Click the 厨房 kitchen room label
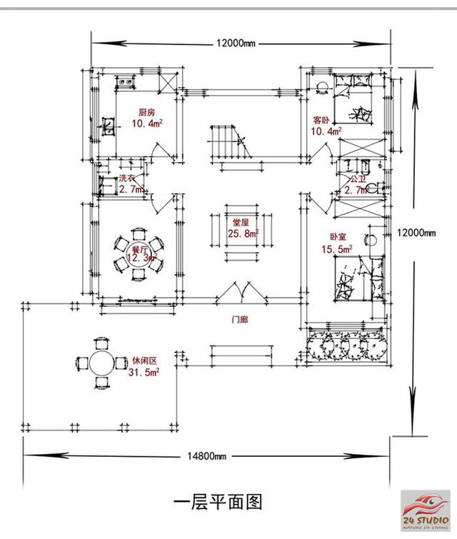147,113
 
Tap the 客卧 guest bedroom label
321,120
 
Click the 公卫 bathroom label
357,178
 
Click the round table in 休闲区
100,363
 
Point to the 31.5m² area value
144,373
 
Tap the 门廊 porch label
240,319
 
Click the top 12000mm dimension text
236,44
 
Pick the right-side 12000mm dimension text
416,233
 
